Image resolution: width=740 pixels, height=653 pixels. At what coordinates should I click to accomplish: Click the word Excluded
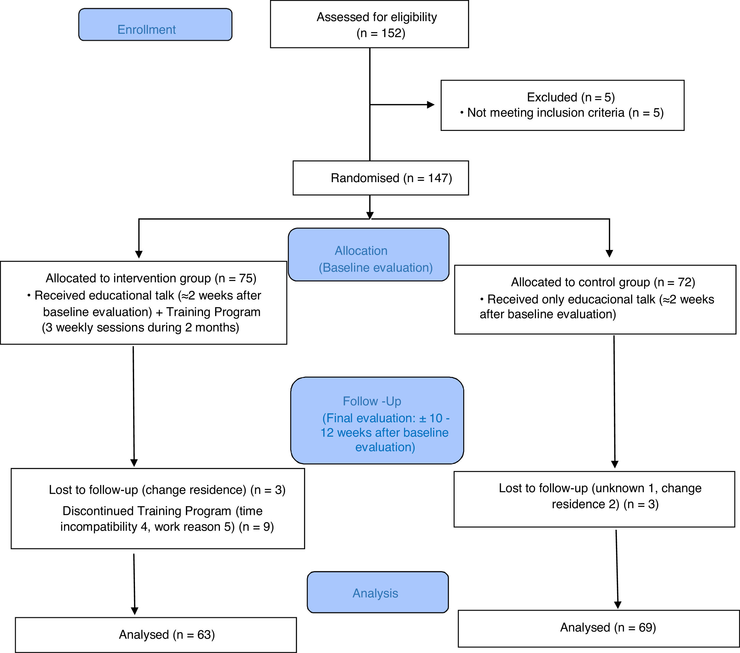pyautogui.click(x=552, y=97)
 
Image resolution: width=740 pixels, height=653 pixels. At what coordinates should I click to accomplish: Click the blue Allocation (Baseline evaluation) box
pyautogui.click(x=369, y=255)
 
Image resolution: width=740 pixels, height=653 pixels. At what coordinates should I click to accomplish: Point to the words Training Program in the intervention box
pyautogui.click(x=213, y=312)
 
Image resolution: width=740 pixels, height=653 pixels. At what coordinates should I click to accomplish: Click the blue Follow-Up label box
pyautogui.click(x=377, y=421)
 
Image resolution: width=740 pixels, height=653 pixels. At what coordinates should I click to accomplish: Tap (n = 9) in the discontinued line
pyautogui.click(x=256, y=527)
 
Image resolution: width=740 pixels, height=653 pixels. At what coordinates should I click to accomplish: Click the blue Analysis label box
pyautogui.click(x=378, y=593)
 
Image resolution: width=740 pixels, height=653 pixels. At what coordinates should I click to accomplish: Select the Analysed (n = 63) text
pyautogui.click(x=167, y=635)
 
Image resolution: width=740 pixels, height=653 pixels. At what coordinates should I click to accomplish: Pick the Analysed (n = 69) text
pyautogui.click(x=608, y=627)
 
